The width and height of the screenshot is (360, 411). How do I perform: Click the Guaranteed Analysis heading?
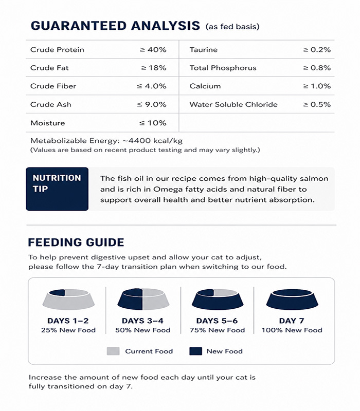point(115,26)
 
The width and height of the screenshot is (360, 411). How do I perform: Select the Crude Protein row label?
point(57,50)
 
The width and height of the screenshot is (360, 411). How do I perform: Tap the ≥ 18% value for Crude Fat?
point(154,68)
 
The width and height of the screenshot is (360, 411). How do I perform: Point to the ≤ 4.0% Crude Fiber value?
point(152,86)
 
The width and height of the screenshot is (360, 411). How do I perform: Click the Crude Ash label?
point(51,104)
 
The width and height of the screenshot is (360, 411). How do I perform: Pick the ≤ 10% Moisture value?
point(153,123)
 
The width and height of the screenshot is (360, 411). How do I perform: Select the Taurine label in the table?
point(203,50)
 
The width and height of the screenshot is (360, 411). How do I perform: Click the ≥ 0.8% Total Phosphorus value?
point(317,68)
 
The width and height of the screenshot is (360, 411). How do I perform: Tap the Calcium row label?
point(205,86)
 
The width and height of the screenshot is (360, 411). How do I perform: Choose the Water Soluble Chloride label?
point(233,104)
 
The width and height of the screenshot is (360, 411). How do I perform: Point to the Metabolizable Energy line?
point(106,140)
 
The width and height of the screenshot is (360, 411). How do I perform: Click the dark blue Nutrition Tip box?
point(57,189)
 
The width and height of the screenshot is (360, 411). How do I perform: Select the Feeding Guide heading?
point(76,242)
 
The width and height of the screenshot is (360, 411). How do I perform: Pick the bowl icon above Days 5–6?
point(218,300)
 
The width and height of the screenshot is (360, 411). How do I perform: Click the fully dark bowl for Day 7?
point(292,300)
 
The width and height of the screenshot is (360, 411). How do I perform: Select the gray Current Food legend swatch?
point(113,351)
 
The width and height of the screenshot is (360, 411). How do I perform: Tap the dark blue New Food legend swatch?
point(195,351)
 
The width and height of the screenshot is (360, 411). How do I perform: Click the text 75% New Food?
point(218,330)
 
